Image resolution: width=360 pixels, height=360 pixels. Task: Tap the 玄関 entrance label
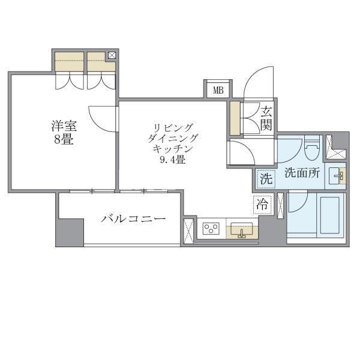point(267,117)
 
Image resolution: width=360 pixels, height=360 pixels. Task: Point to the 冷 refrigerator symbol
point(262,204)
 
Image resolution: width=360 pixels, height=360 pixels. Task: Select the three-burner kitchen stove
point(211,229)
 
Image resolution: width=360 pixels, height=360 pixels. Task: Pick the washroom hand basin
point(338,175)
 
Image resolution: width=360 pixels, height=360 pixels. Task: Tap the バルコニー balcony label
point(133,219)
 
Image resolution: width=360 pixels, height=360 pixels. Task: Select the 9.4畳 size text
point(172,160)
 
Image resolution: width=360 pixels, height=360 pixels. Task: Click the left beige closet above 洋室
point(69,62)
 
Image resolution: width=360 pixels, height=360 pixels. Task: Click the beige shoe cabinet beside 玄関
point(235,118)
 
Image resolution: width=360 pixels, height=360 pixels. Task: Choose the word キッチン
point(173,149)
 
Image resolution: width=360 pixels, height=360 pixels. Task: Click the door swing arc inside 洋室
point(100,118)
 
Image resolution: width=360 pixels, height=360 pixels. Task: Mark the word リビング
point(173,127)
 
